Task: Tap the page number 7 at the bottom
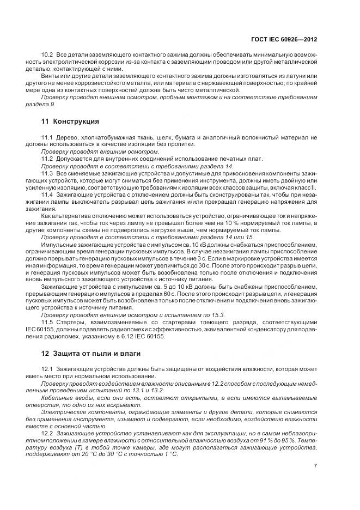click(x=316, y=466)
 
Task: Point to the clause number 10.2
click(x=48, y=55)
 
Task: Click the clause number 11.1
click(x=48, y=139)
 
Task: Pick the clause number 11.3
click(x=48, y=173)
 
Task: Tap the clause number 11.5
click(x=48, y=323)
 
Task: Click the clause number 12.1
click(x=48, y=370)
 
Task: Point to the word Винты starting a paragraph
click(x=51, y=76)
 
